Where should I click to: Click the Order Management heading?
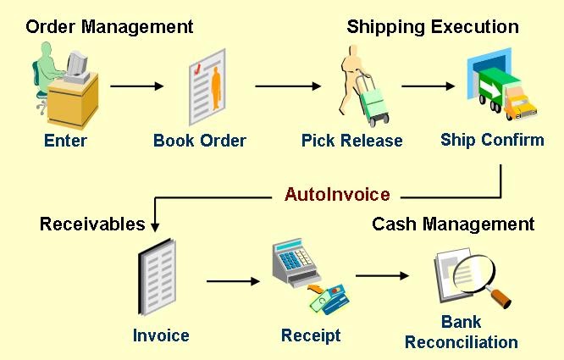pyautogui.click(x=109, y=26)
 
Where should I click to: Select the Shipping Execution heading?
pyautogui.click(x=432, y=26)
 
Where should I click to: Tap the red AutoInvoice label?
pyautogui.click(x=337, y=195)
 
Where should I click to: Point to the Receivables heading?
pyautogui.click(x=92, y=224)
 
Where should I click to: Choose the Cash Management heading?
pyautogui.click(x=453, y=224)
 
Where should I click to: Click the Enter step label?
pyautogui.click(x=65, y=141)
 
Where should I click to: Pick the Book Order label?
pyautogui.click(x=200, y=141)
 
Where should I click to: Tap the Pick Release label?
pyautogui.click(x=351, y=141)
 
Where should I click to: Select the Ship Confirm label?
pyautogui.click(x=492, y=140)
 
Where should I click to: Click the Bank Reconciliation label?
pyautogui.click(x=461, y=332)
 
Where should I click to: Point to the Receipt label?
pyautogui.click(x=311, y=335)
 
